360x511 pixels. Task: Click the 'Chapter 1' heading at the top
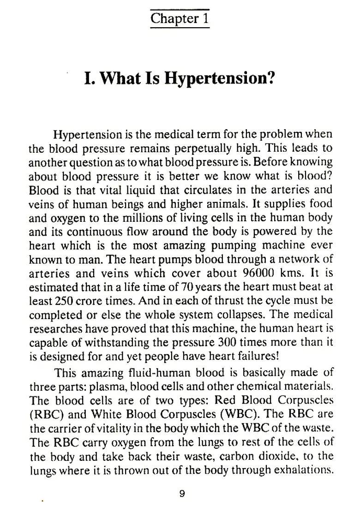180,19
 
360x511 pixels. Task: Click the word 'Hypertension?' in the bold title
220,78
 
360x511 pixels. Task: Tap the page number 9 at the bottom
182,493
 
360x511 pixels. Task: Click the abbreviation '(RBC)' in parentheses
46,414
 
